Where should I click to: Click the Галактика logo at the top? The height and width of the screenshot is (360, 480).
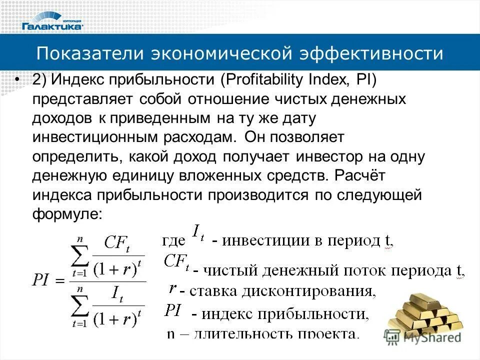coord(52,25)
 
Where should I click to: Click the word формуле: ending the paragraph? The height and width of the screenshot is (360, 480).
coord(67,213)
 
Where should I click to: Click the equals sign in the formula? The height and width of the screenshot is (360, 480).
coord(60,280)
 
